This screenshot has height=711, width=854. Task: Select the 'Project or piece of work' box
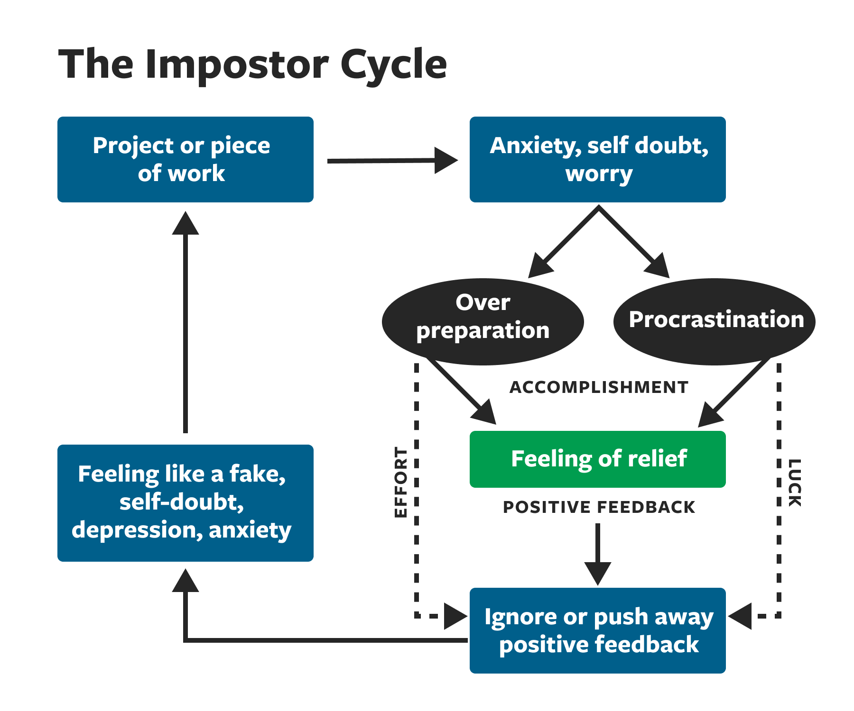coord(185,159)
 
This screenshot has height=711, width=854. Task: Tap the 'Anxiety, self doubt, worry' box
coord(597,159)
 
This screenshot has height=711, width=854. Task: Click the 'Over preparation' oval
coord(483,321)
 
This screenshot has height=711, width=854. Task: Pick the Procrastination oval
coord(715,321)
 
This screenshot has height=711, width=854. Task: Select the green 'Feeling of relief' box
coord(597,459)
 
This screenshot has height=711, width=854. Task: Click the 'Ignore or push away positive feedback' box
coord(597,630)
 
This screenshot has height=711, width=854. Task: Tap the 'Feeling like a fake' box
coord(185,503)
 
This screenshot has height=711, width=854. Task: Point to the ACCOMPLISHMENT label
coord(599,387)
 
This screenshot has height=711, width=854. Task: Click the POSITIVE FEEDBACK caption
coord(599,507)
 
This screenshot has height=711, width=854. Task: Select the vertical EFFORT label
coord(401,482)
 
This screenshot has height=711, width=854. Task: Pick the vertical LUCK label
coord(795,483)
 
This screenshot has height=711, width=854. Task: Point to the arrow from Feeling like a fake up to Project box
coord(186,322)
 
